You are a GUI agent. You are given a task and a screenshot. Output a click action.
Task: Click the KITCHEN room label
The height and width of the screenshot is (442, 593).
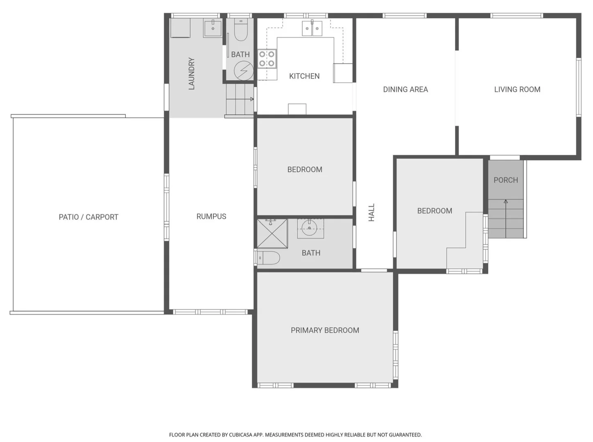click(x=304, y=76)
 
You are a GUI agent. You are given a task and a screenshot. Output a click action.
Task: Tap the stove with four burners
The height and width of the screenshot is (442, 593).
click(x=267, y=59)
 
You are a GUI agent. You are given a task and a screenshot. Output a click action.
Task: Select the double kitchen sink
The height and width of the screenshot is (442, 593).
click(x=312, y=28)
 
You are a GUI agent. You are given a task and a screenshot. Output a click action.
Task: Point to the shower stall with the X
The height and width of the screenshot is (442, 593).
click(x=272, y=234)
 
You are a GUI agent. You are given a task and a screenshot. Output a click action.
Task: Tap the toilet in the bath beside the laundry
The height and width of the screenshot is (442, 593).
click(x=241, y=31)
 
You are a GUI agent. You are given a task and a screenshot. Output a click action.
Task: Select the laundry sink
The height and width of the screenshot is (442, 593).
click(x=213, y=28)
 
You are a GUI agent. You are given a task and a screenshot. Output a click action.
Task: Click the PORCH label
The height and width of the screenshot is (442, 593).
click(x=505, y=180)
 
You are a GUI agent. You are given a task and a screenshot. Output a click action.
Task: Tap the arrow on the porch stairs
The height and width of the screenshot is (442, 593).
click(x=506, y=202)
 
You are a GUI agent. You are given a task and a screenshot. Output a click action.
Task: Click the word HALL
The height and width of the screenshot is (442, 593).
click(x=371, y=212)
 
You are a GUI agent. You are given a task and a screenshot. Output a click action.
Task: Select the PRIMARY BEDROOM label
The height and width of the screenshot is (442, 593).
click(x=325, y=330)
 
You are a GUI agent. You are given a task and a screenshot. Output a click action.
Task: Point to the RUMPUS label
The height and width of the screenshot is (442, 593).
click(x=211, y=216)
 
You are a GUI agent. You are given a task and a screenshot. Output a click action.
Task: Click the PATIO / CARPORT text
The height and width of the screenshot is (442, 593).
click(x=88, y=217)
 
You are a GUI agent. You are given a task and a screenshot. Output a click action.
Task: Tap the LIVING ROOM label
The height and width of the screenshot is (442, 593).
click(x=517, y=89)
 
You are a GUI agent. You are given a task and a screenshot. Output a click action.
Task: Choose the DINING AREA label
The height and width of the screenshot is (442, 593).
click(x=405, y=89)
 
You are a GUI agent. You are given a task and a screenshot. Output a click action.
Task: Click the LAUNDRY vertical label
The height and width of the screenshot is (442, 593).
click(x=191, y=74)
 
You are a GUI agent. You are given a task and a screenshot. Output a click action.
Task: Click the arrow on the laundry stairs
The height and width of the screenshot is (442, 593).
click(x=251, y=99)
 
